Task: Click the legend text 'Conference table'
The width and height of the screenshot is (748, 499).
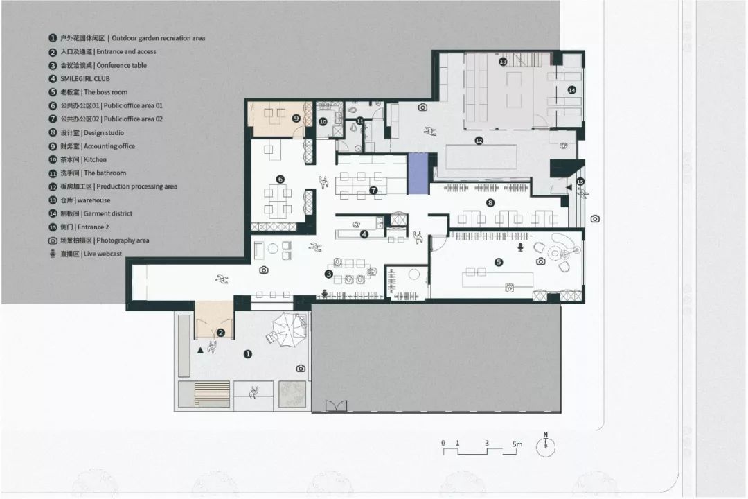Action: tap(122, 65)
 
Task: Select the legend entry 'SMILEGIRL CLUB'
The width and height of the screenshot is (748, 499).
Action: tap(85, 79)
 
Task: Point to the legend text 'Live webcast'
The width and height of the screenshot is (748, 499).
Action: tap(103, 254)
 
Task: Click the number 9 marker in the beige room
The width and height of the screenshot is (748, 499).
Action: tap(296, 118)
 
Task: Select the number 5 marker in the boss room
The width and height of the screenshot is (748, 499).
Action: tap(499, 262)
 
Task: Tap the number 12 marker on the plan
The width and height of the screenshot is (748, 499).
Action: tap(479, 141)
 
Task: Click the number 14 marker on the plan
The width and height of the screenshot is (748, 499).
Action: tap(572, 90)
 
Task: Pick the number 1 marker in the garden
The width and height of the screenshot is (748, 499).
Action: tap(247, 354)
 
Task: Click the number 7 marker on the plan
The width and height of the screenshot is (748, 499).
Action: tap(373, 190)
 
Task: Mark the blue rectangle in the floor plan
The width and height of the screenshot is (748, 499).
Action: tap(418, 173)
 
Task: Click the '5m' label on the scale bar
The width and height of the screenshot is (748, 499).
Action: tap(517, 444)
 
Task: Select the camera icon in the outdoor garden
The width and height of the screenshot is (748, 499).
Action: tap(301, 368)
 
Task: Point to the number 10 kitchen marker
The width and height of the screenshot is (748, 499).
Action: tap(323, 122)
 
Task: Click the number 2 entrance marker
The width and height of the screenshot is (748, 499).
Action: tap(220, 333)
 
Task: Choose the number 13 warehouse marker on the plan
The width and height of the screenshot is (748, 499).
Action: tap(503, 62)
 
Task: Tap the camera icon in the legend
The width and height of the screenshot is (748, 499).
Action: tap(53, 240)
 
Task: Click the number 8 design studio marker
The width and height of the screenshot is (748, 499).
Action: tap(490, 203)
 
